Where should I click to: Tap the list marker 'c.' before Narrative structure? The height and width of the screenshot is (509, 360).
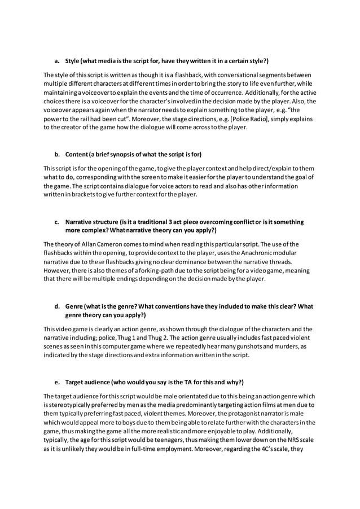[57, 222]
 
